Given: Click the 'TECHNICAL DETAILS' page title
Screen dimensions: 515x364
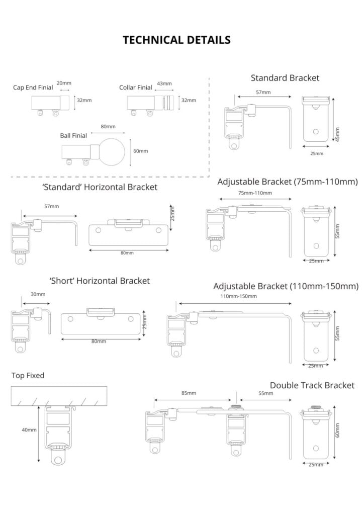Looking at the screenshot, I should [x=176, y=40].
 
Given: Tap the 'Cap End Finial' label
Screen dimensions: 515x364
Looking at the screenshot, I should [x=33, y=88].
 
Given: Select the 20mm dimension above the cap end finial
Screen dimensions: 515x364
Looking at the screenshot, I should [x=64, y=83].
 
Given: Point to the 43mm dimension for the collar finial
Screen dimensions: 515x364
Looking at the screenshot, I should [x=164, y=83].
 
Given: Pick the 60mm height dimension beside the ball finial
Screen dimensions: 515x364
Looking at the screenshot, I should [x=140, y=151].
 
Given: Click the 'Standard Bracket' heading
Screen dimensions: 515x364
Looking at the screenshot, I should [x=285, y=78].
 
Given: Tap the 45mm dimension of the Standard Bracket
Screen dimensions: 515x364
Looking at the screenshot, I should [x=337, y=134].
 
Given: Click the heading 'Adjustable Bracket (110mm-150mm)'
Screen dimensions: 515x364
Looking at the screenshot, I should [x=286, y=286].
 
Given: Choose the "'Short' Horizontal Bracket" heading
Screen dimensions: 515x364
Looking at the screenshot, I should [x=100, y=281].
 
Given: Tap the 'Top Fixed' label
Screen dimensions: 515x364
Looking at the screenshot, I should [x=28, y=375].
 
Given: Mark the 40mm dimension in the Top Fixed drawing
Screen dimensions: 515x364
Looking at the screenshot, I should [x=29, y=430].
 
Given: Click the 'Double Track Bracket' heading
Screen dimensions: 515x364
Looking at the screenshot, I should [x=312, y=385].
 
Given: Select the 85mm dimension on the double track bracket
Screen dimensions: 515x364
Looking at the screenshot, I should [x=189, y=393].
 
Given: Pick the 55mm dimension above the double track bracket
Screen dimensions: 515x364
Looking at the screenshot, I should [x=265, y=393].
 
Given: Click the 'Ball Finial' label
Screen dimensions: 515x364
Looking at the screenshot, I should [x=73, y=136].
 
